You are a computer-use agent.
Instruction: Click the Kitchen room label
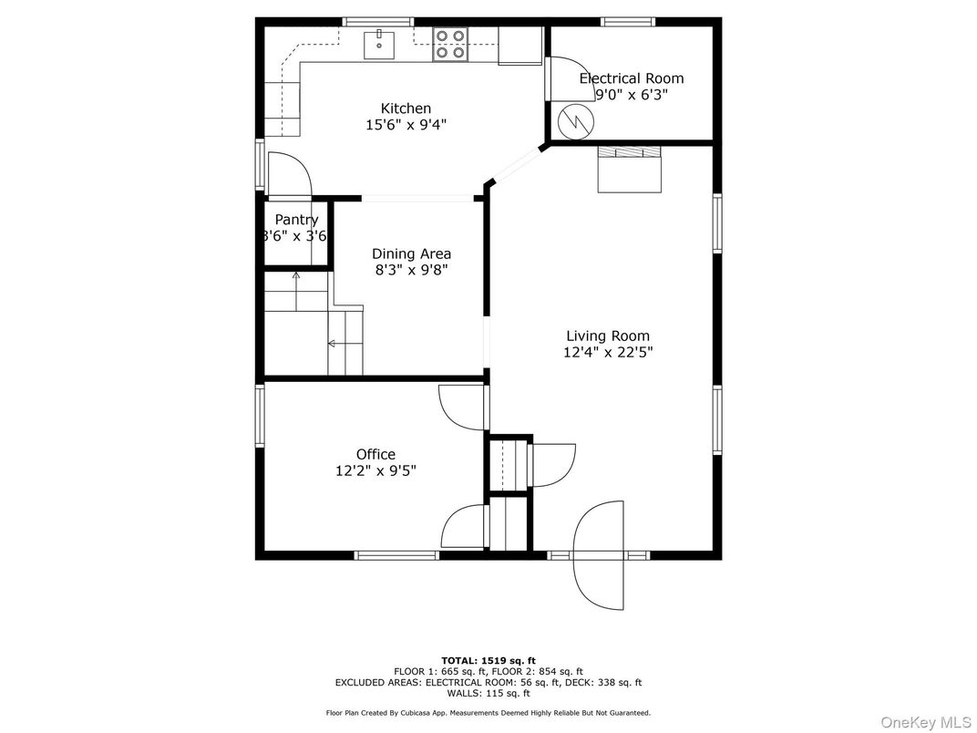[406, 108]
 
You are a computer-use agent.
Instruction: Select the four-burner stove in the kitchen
[449, 44]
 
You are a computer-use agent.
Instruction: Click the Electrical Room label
[631, 78]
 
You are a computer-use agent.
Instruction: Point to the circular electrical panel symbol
[575, 119]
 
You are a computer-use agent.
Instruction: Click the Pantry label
[296, 220]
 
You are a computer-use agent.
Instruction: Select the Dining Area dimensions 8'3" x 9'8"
[411, 270]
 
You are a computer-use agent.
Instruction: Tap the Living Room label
[608, 336]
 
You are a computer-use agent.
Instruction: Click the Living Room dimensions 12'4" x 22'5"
[608, 352]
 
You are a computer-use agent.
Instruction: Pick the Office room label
[375, 454]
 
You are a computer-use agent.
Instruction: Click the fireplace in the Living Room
[628, 169]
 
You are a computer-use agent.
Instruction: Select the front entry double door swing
[600, 555]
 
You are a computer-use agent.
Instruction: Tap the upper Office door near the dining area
[461, 407]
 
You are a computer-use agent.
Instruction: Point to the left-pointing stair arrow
[334, 344]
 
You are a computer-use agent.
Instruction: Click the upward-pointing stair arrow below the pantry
[295, 277]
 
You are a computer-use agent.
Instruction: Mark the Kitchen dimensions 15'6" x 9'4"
[406, 125]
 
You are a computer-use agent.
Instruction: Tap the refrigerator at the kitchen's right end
[520, 46]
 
